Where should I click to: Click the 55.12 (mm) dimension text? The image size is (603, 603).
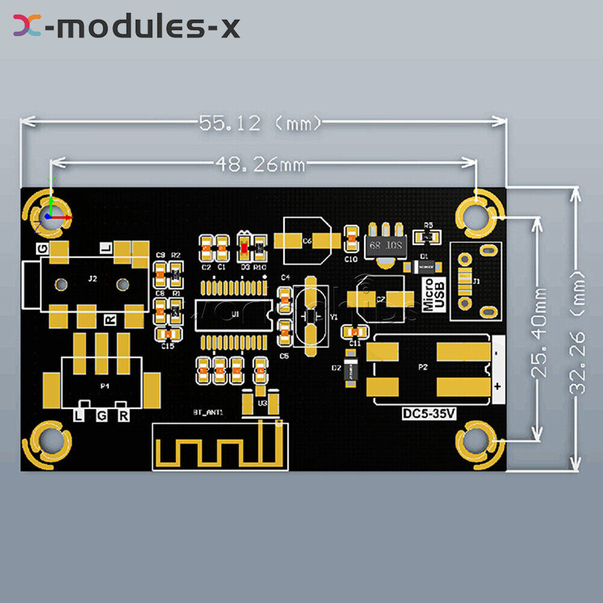[260, 123]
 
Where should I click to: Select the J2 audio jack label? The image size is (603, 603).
[92, 279]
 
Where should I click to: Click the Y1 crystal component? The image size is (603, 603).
[311, 315]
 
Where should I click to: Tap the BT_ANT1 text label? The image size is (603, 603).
[208, 412]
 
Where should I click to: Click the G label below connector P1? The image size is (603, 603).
[101, 415]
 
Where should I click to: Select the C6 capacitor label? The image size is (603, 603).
[307, 241]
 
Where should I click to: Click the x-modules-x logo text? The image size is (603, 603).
[127, 27]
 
